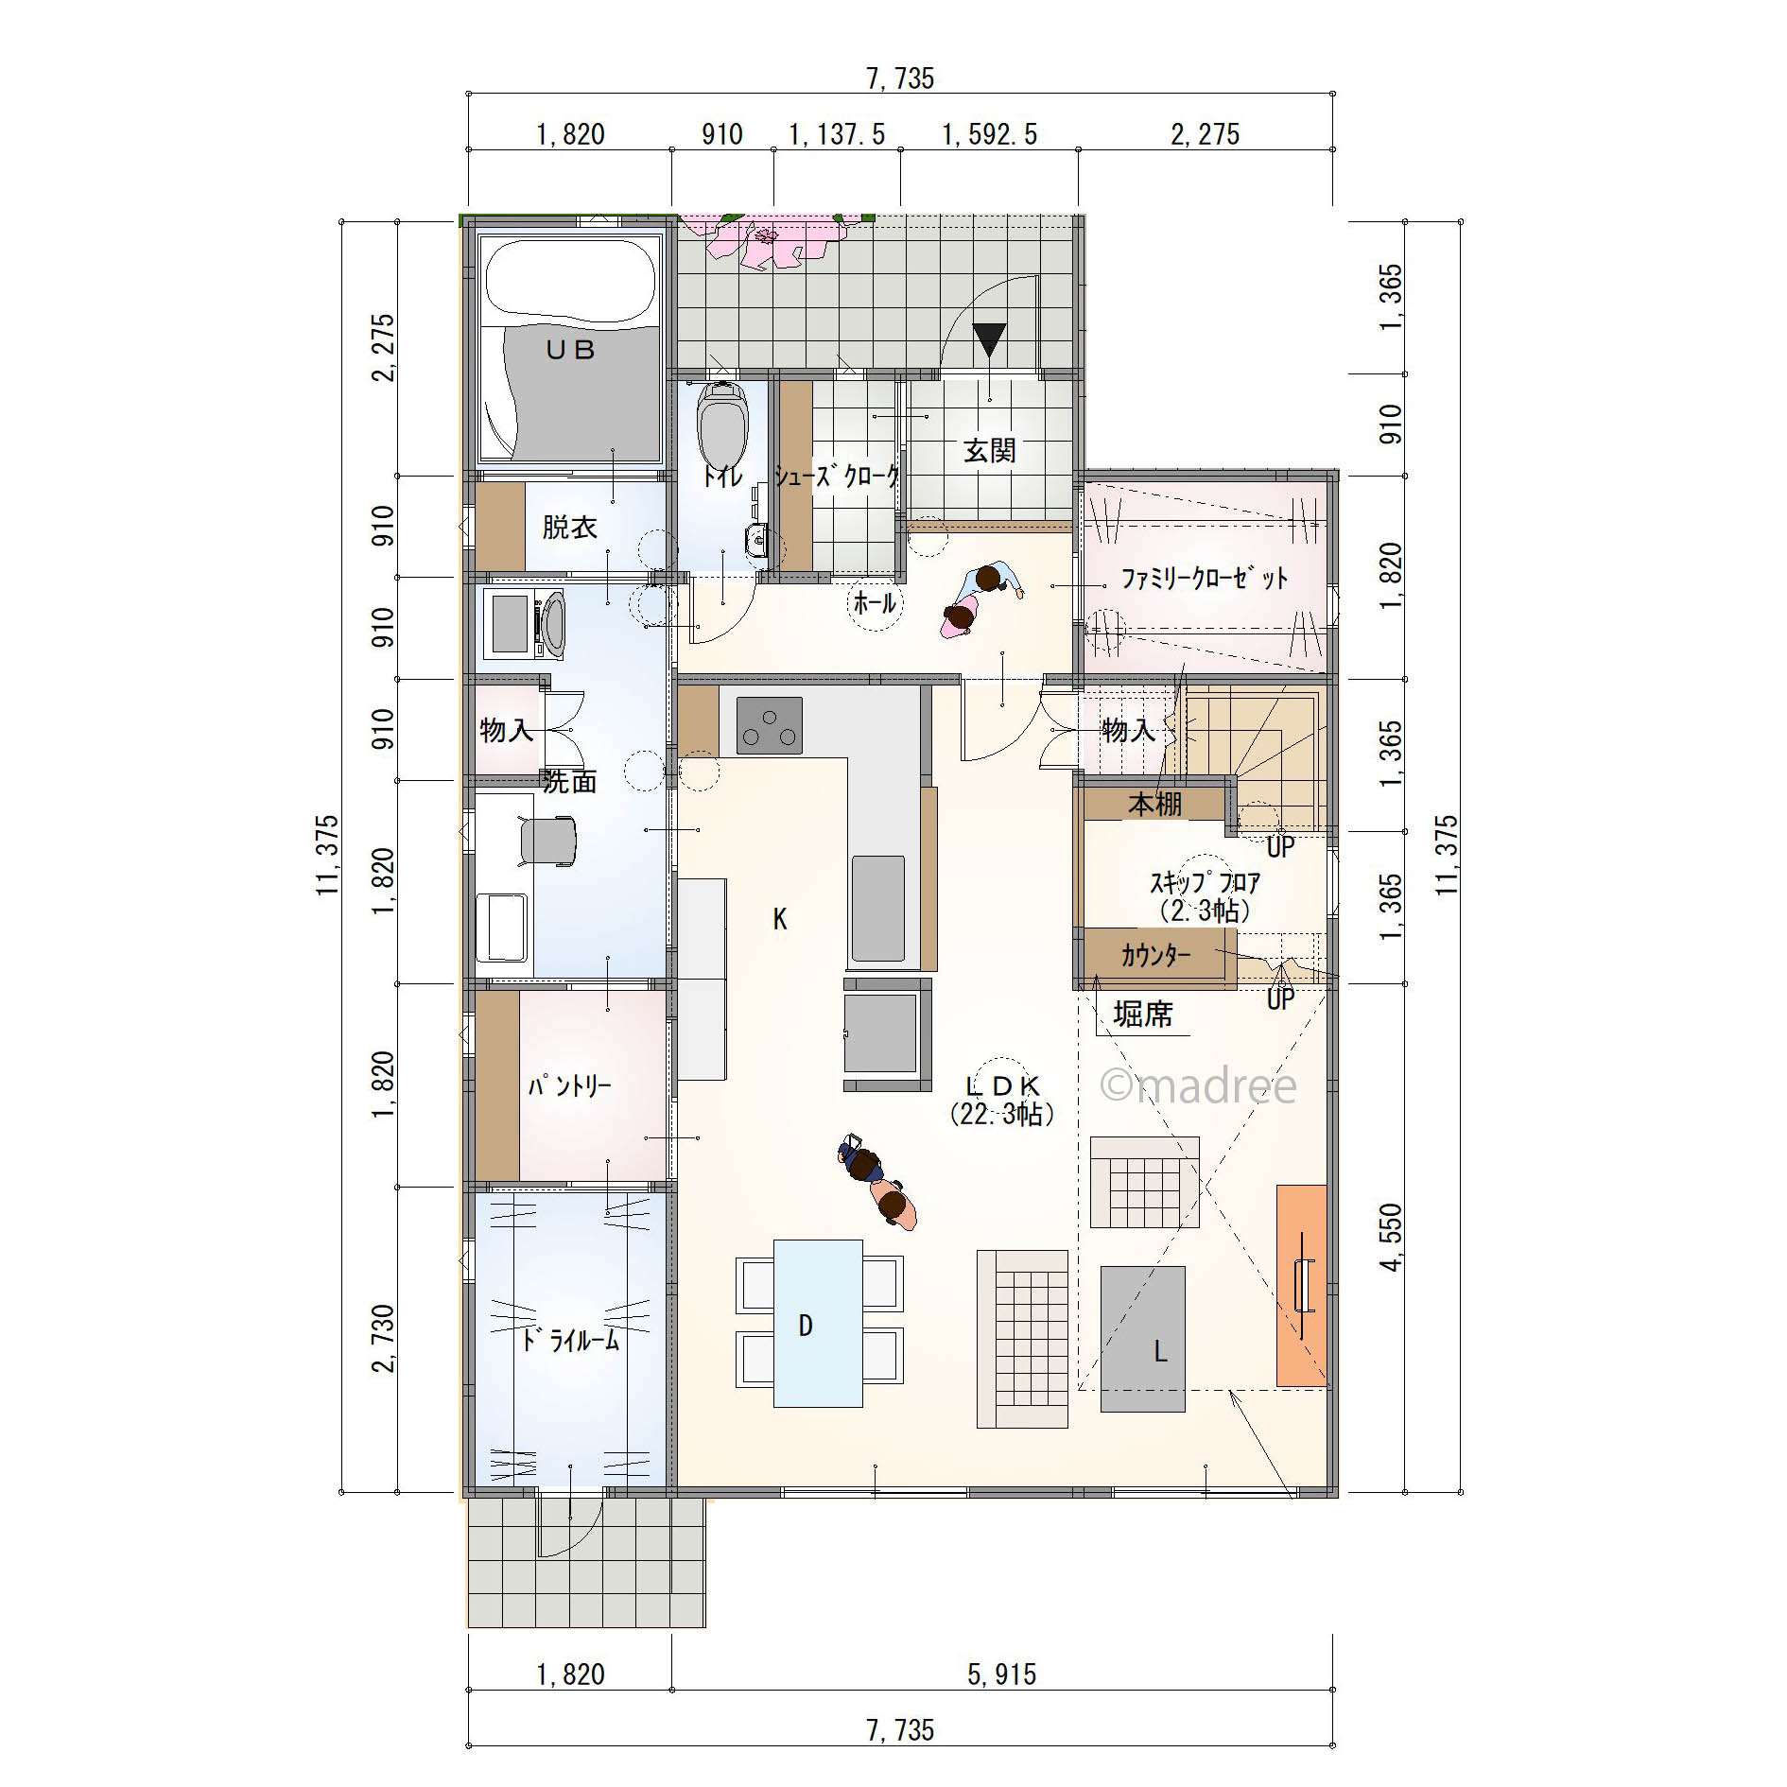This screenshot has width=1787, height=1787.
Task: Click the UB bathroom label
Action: (570, 350)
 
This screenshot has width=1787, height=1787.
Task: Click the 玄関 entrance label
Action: (990, 450)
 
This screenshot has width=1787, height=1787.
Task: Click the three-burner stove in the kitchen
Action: (769, 725)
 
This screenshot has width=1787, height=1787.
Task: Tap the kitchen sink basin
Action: (878, 908)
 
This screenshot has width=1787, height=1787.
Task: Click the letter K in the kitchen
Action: (780, 919)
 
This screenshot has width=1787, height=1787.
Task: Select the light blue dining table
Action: (818, 1324)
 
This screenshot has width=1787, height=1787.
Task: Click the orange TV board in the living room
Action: (1302, 1286)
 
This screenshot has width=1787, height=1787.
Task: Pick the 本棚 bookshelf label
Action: (1154, 804)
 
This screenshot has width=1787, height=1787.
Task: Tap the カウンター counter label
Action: (1155, 955)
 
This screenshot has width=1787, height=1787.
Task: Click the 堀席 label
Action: (1143, 1014)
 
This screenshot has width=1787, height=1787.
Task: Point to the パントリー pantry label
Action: (569, 1085)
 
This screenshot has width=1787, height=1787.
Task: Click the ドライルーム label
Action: (570, 1340)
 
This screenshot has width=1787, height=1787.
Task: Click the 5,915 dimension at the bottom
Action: (1001, 1674)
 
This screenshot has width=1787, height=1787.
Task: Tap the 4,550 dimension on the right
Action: (1391, 1237)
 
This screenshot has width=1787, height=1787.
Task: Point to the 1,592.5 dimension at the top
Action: (989, 134)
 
